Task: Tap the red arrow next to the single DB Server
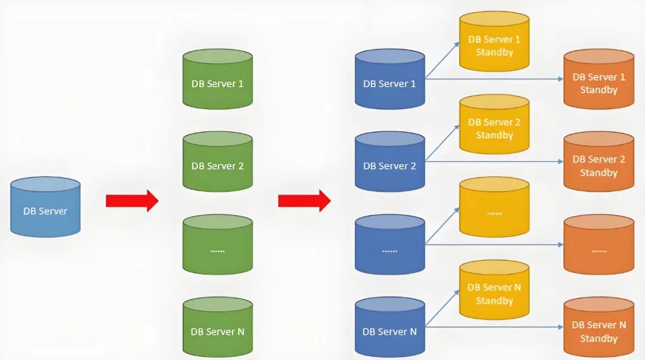131,201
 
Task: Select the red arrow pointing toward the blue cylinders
303,201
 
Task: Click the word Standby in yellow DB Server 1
494,52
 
